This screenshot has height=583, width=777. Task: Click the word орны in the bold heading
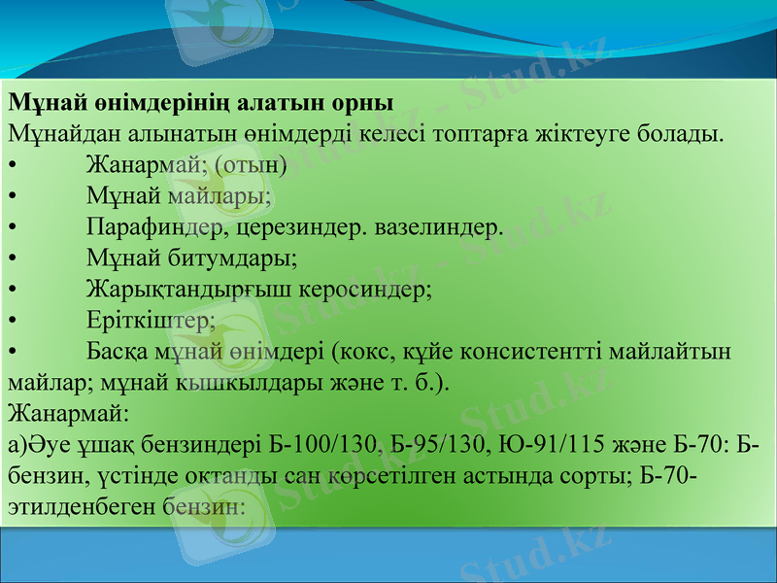[x=360, y=102]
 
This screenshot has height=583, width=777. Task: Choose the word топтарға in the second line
[x=533, y=133]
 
